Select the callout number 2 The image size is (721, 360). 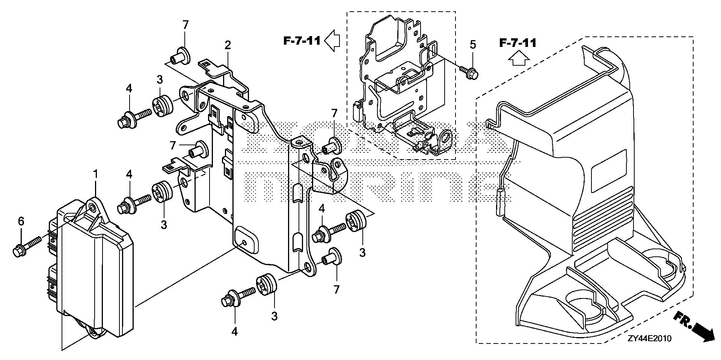[228, 45]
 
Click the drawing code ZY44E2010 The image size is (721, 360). [649, 339]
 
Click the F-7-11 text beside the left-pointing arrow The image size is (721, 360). [302, 41]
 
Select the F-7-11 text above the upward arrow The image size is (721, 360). [517, 43]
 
